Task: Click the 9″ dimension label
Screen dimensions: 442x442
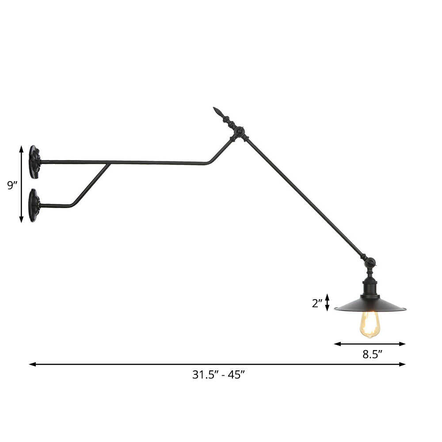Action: [x=12, y=185]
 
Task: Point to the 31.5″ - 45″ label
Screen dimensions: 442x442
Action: [x=218, y=375]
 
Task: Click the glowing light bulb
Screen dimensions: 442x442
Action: [x=370, y=324]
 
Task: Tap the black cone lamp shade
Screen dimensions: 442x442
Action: [x=370, y=304]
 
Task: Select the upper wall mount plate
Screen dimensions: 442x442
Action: [x=34, y=162]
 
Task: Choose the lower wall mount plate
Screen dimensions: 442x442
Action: [x=34, y=205]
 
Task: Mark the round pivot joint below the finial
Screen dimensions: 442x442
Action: [x=239, y=131]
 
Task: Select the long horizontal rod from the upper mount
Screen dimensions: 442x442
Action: [x=124, y=163]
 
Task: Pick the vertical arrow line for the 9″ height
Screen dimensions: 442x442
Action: [x=21, y=184]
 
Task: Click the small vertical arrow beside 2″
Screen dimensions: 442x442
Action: [x=327, y=302]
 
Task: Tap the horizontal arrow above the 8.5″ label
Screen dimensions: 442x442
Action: [x=370, y=343]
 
